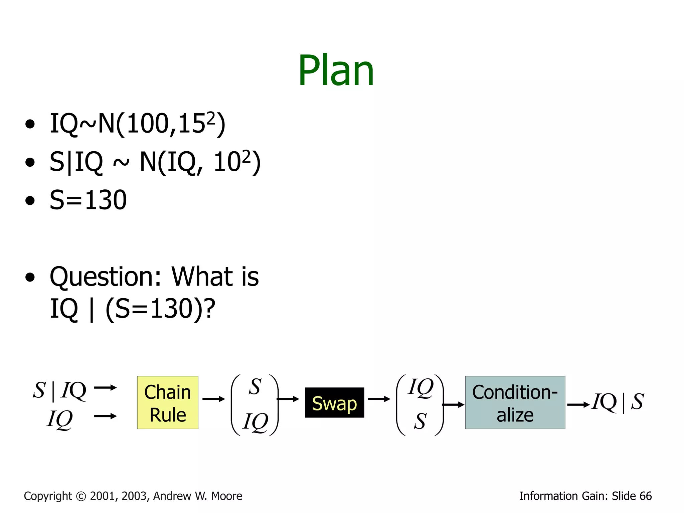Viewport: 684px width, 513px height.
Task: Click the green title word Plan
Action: (x=336, y=71)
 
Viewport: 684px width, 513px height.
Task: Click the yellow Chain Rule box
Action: (x=167, y=402)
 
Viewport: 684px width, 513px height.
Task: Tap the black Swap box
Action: (x=334, y=402)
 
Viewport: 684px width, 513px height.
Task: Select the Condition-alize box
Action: (x=515, y=402)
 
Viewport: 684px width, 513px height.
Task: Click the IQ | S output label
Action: (x=618, y=402)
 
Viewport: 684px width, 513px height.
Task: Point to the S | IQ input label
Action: (x=59, y=390)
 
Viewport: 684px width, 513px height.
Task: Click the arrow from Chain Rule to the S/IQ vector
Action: (x=214, y=399)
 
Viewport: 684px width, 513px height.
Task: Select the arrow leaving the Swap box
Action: (x=379, y=399)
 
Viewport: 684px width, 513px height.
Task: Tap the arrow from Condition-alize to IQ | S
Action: (x=578, y=405)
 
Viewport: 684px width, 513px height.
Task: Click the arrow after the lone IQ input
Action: (x=105, y=416)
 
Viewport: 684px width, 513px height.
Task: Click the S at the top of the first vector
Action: (x=255, y=387)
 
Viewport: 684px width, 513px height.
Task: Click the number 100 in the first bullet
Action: (x=148, y=124)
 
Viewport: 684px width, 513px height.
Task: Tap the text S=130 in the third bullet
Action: (x=88, y=200)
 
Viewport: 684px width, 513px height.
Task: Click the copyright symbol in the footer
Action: (x=81, y=496)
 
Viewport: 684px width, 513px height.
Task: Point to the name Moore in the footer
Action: (x=227, y=496)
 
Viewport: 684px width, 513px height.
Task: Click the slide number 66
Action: (x=645, y=496)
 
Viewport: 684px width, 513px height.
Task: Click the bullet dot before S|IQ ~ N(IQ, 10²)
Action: (x=30, y=162)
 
